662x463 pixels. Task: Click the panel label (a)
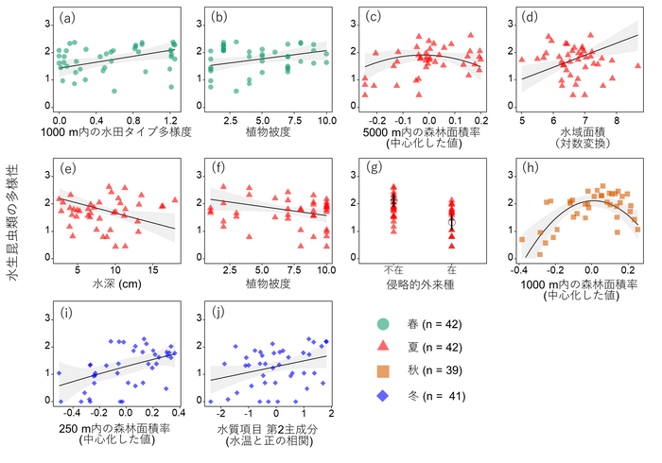(x=66, y=18)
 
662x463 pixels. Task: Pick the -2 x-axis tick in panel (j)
(x=221, y=415)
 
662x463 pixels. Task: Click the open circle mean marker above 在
(x=452, y=222)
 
